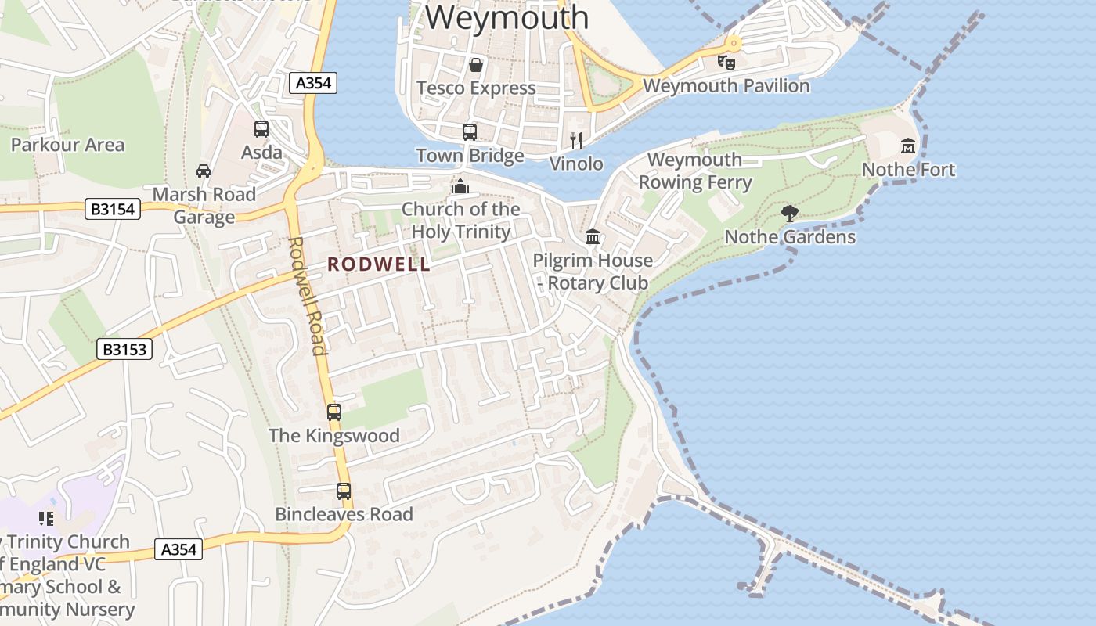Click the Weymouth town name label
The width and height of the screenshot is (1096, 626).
(507, 17)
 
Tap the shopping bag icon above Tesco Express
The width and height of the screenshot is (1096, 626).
(475, 64)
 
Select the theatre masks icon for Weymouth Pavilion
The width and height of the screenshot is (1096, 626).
(726, 61)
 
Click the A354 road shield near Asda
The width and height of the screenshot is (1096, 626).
(313, 83)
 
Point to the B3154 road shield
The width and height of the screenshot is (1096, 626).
(113, 209)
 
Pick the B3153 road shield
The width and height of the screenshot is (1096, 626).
(125, 349)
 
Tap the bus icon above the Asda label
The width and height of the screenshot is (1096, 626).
(261, 129)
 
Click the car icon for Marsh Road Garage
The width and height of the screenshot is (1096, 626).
(204, 171)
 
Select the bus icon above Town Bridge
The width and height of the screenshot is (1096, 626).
(470, 132)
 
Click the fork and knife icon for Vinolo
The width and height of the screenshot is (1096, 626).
(576, 141)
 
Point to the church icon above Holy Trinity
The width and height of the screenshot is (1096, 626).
(460, 186)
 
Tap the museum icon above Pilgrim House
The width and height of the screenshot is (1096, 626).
(593, 236)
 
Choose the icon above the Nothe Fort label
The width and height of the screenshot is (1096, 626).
(908, 146)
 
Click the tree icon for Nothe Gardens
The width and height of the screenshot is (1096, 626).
(790, 213)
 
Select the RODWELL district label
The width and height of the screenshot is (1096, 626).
(379, 264)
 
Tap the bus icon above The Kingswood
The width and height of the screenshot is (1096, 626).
(334, 412)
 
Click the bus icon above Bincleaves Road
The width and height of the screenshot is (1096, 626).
(344, 491)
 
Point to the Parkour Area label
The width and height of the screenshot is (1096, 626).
(67, 145)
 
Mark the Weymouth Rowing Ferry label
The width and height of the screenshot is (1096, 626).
(695, 171)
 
